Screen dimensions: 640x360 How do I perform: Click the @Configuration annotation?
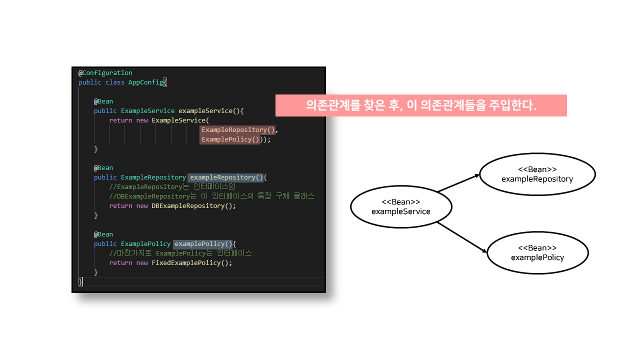(105, 73)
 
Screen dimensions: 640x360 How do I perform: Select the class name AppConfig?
(146, 82)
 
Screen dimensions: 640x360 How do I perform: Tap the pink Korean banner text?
(421, 105)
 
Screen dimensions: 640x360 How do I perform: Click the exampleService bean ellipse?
(401, 206)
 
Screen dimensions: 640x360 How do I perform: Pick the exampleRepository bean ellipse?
(537, 174)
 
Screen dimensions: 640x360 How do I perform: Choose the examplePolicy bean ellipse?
(537, 252)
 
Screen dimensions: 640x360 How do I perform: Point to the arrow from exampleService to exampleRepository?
(458, 183)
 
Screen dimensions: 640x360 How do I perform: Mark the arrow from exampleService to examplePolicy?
(462, 237)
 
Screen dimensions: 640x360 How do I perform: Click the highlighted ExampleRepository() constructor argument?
(238, 130)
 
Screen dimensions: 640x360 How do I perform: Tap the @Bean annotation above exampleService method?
(103, 101)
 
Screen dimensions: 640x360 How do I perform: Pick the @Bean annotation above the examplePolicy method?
(103, 234)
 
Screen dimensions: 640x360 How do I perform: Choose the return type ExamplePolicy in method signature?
(145, 244)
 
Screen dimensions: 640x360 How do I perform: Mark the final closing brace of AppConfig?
(80, 282)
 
